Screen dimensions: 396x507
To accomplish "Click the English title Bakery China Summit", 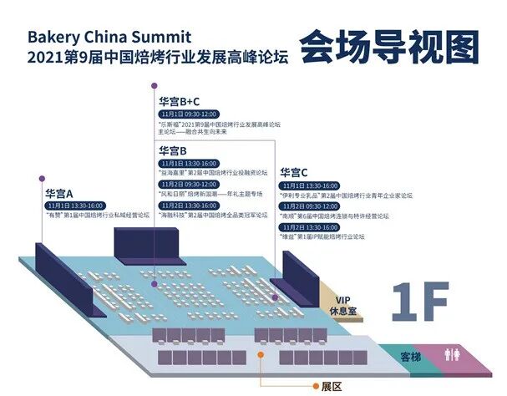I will (109, 38).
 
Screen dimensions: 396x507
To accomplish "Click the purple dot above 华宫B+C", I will (154, 86).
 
